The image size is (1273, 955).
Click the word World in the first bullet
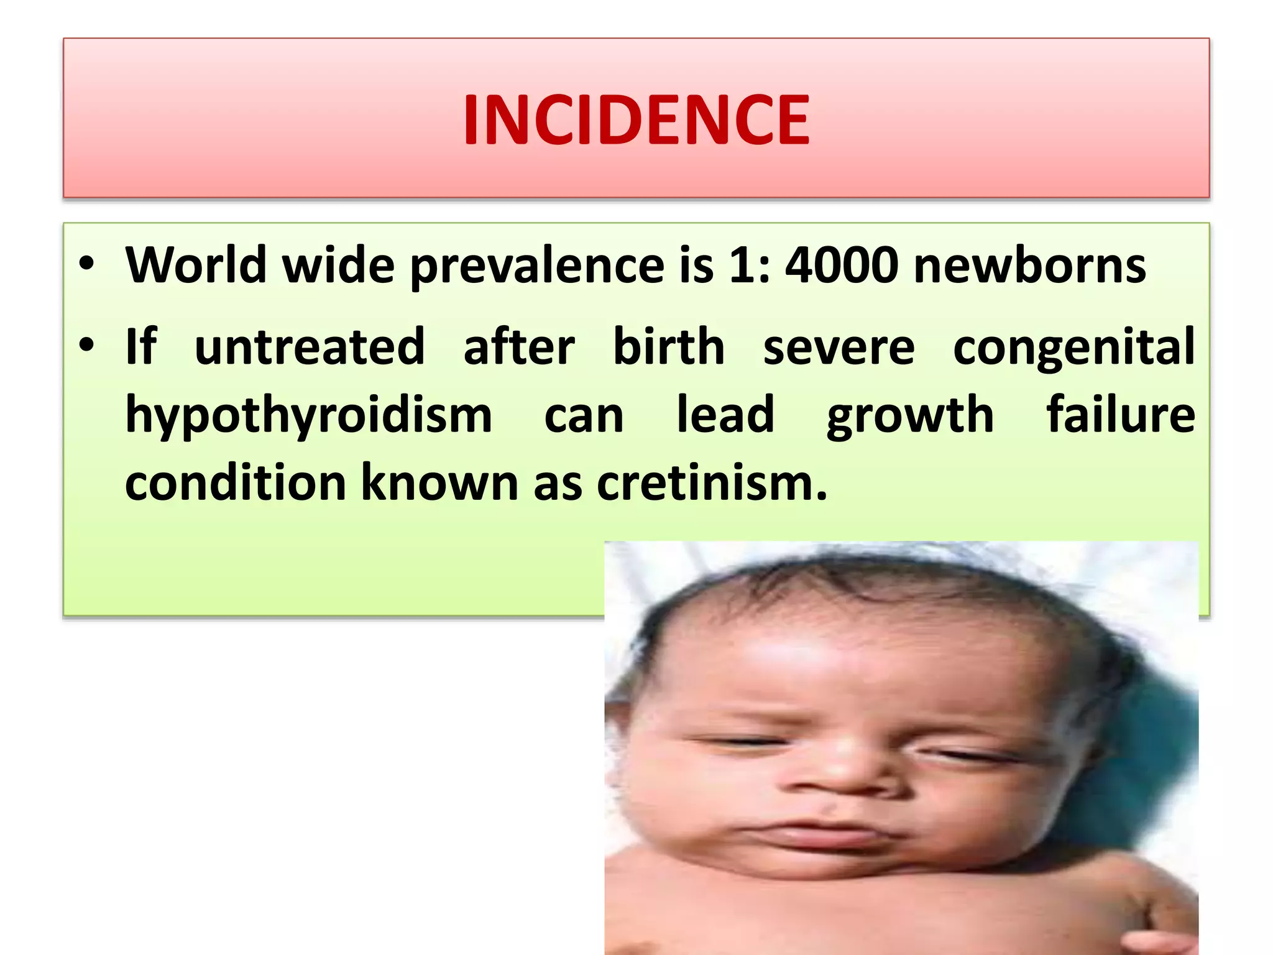(196, 265)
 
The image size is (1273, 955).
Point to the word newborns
(1030, 265)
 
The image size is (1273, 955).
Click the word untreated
(310, 346)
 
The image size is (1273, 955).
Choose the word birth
(669, 346)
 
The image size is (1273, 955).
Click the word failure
(1121, 415)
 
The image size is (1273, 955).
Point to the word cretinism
(712, 483)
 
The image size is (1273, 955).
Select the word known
(439, 483)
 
